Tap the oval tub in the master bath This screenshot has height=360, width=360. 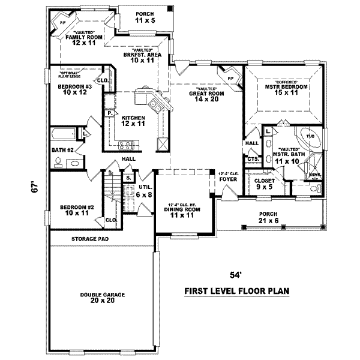tap(311, 137)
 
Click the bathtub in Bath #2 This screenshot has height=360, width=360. tap(63, 134)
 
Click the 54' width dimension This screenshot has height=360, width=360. tap(236, 275)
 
